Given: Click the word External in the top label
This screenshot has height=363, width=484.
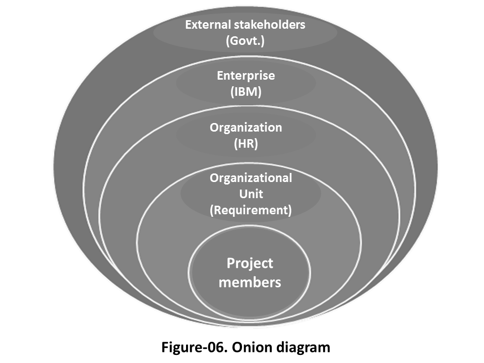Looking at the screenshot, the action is (x=206, y=25).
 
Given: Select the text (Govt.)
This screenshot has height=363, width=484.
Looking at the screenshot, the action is (x=245, y=41).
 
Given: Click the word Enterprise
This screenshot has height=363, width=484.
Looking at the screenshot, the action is (x=246, y=76).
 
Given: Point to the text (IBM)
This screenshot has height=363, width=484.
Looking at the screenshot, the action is (x=246, y=92).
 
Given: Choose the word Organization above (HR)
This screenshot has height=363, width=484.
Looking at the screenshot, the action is (x=246, y=128).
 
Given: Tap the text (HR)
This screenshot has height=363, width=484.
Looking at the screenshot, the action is (x=246, y=144).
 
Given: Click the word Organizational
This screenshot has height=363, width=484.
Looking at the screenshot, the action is (x=251, y=178).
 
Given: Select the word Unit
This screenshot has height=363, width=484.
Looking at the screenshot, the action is (x=251, y=194).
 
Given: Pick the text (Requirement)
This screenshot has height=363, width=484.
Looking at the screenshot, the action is (x=251, y=210).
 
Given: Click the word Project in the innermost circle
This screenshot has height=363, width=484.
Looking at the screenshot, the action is (x=250, y=263).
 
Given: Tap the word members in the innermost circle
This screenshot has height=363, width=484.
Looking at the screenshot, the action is (x=250, y=282).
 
